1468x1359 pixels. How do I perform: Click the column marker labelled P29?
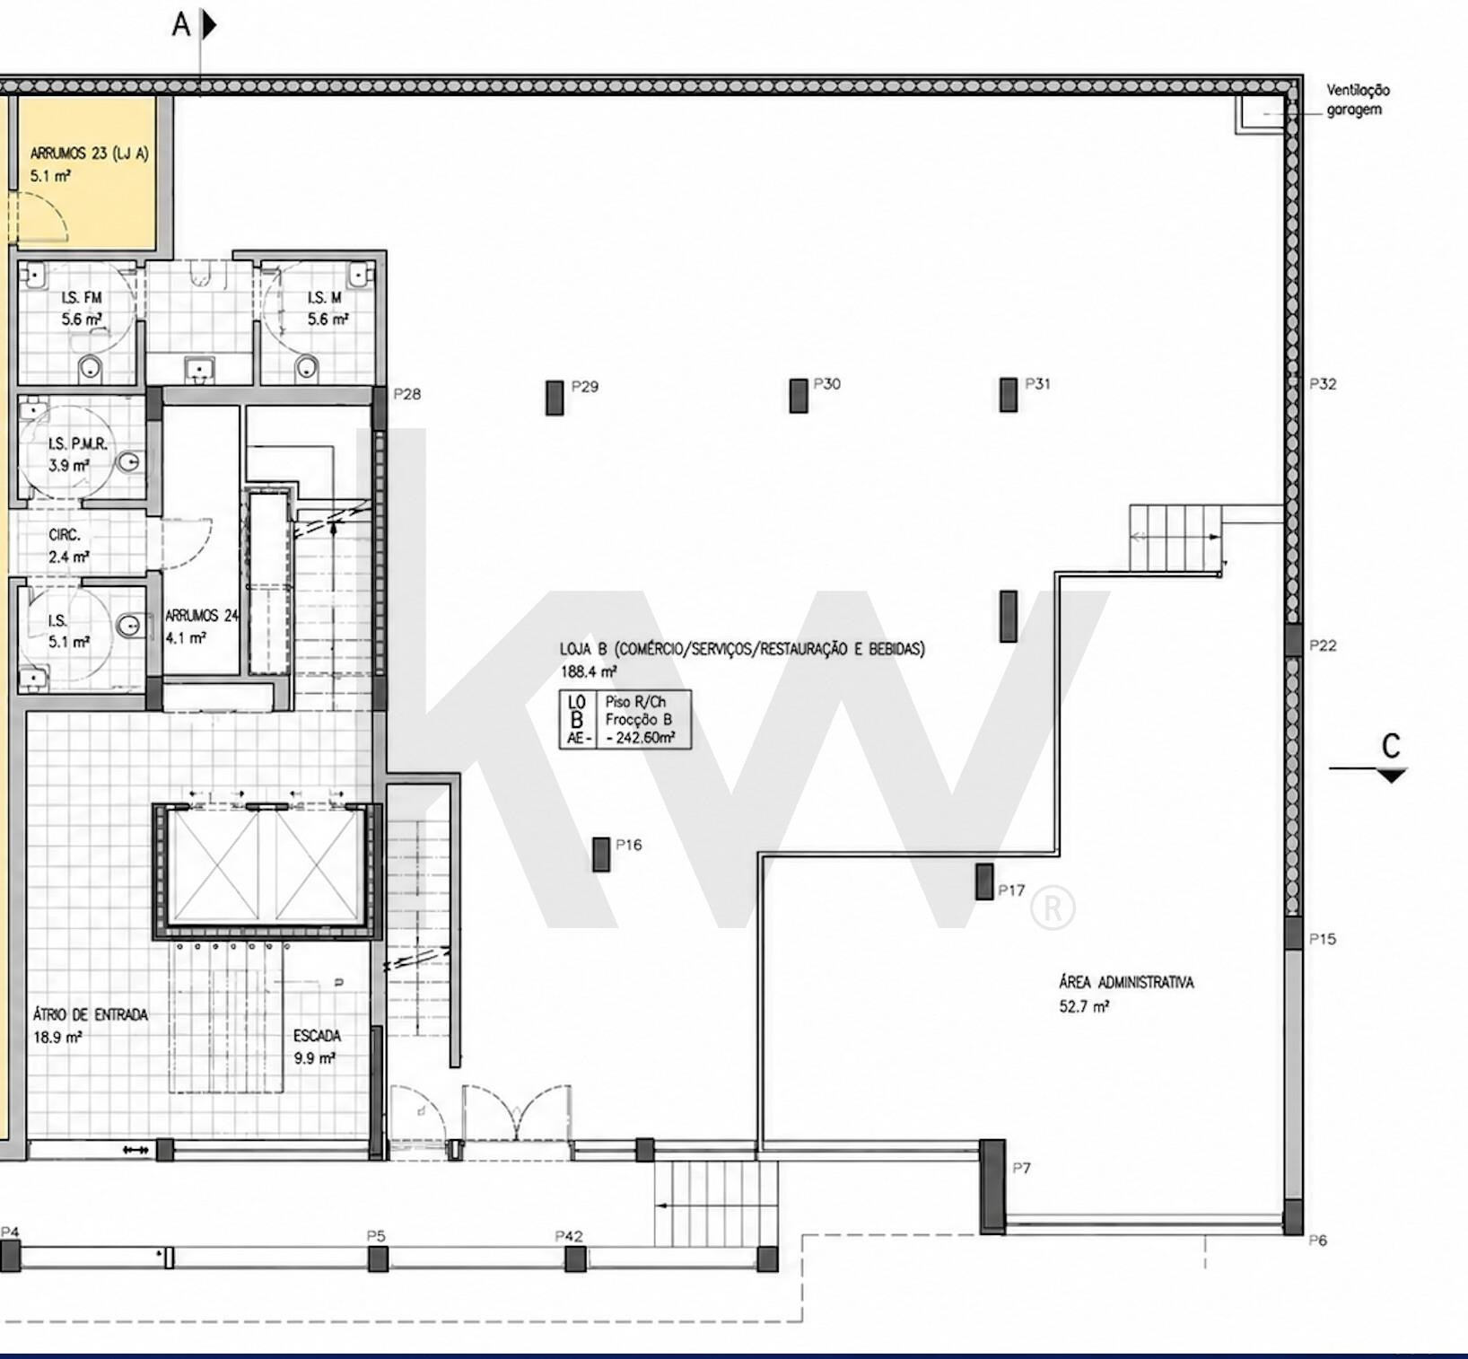[555, 398]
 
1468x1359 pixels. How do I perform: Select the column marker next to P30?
[799, 395]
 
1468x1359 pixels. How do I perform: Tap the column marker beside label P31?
[1009, 395]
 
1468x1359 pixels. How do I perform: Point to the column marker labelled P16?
[601, 855]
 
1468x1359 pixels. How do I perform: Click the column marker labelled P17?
[984, 881]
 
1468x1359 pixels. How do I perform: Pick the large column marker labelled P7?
[992, 1187]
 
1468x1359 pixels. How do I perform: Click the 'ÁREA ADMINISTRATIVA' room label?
[1126, 982]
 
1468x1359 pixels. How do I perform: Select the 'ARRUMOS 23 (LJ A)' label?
[90, 153]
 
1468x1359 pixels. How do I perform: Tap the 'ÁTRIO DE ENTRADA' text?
[91, 1014]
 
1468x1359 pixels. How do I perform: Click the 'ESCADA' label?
[317, 1036]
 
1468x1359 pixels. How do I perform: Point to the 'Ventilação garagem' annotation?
[1359, 100]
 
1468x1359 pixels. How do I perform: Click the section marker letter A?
[181, 25]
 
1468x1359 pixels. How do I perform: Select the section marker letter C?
[1391, 746]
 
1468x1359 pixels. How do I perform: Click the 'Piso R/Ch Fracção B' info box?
[626, 720]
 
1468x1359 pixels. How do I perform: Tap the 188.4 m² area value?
[589, 671]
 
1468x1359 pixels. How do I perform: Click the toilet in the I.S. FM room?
[90, 366]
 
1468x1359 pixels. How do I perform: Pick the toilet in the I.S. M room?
[307, 366]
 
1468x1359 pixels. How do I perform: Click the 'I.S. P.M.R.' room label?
[78, 443]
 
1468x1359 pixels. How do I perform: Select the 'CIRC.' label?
[65, 534]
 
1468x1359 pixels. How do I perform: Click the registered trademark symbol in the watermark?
[1053, 907]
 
